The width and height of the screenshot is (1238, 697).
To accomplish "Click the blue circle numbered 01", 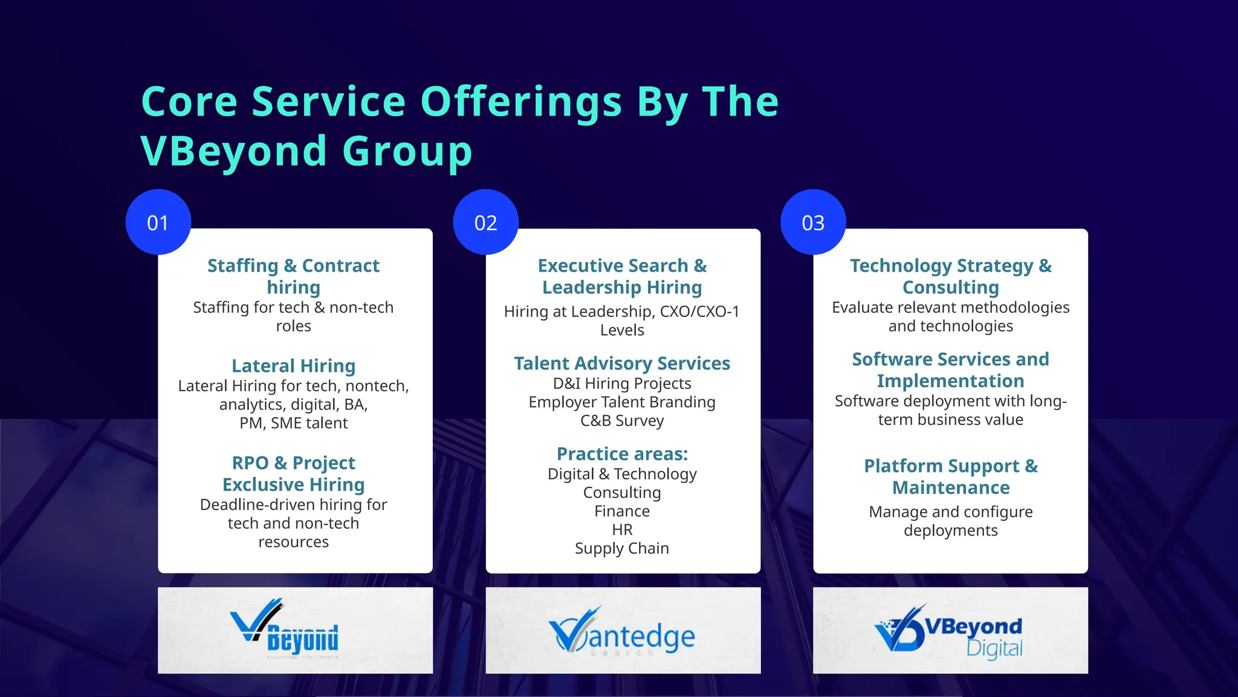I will click(158, 222).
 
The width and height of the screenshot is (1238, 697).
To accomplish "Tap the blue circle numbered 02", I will click(485, 222).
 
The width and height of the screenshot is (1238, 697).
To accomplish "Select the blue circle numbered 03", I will click(813, 222).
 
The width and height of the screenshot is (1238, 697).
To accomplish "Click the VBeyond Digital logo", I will click(950, 631).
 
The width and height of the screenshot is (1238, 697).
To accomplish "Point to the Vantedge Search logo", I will click(623, 633).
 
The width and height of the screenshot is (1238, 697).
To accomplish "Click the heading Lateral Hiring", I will click(294, 366).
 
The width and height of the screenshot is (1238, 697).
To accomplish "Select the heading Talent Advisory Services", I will click(622, 364).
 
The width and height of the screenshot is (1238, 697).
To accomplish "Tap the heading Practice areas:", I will click(622, 454).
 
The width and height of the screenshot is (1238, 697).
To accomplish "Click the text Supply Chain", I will click(622, 548).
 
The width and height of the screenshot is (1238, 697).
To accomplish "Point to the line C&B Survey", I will click(622, 420).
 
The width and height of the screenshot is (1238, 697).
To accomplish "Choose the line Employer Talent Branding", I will click(622, 402).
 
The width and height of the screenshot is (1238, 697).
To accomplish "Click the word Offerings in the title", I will click(521, 102).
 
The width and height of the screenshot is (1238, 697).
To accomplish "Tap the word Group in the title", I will click(407, 151).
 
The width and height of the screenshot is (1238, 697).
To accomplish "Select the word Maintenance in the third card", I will click(951, 488).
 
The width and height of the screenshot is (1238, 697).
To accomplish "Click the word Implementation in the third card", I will click(951, 381).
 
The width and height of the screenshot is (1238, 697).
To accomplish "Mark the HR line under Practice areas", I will click(622, 530).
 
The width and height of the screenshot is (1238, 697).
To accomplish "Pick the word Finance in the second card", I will click(622, 511).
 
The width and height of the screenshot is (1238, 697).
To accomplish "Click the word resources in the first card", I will click(294, 542).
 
